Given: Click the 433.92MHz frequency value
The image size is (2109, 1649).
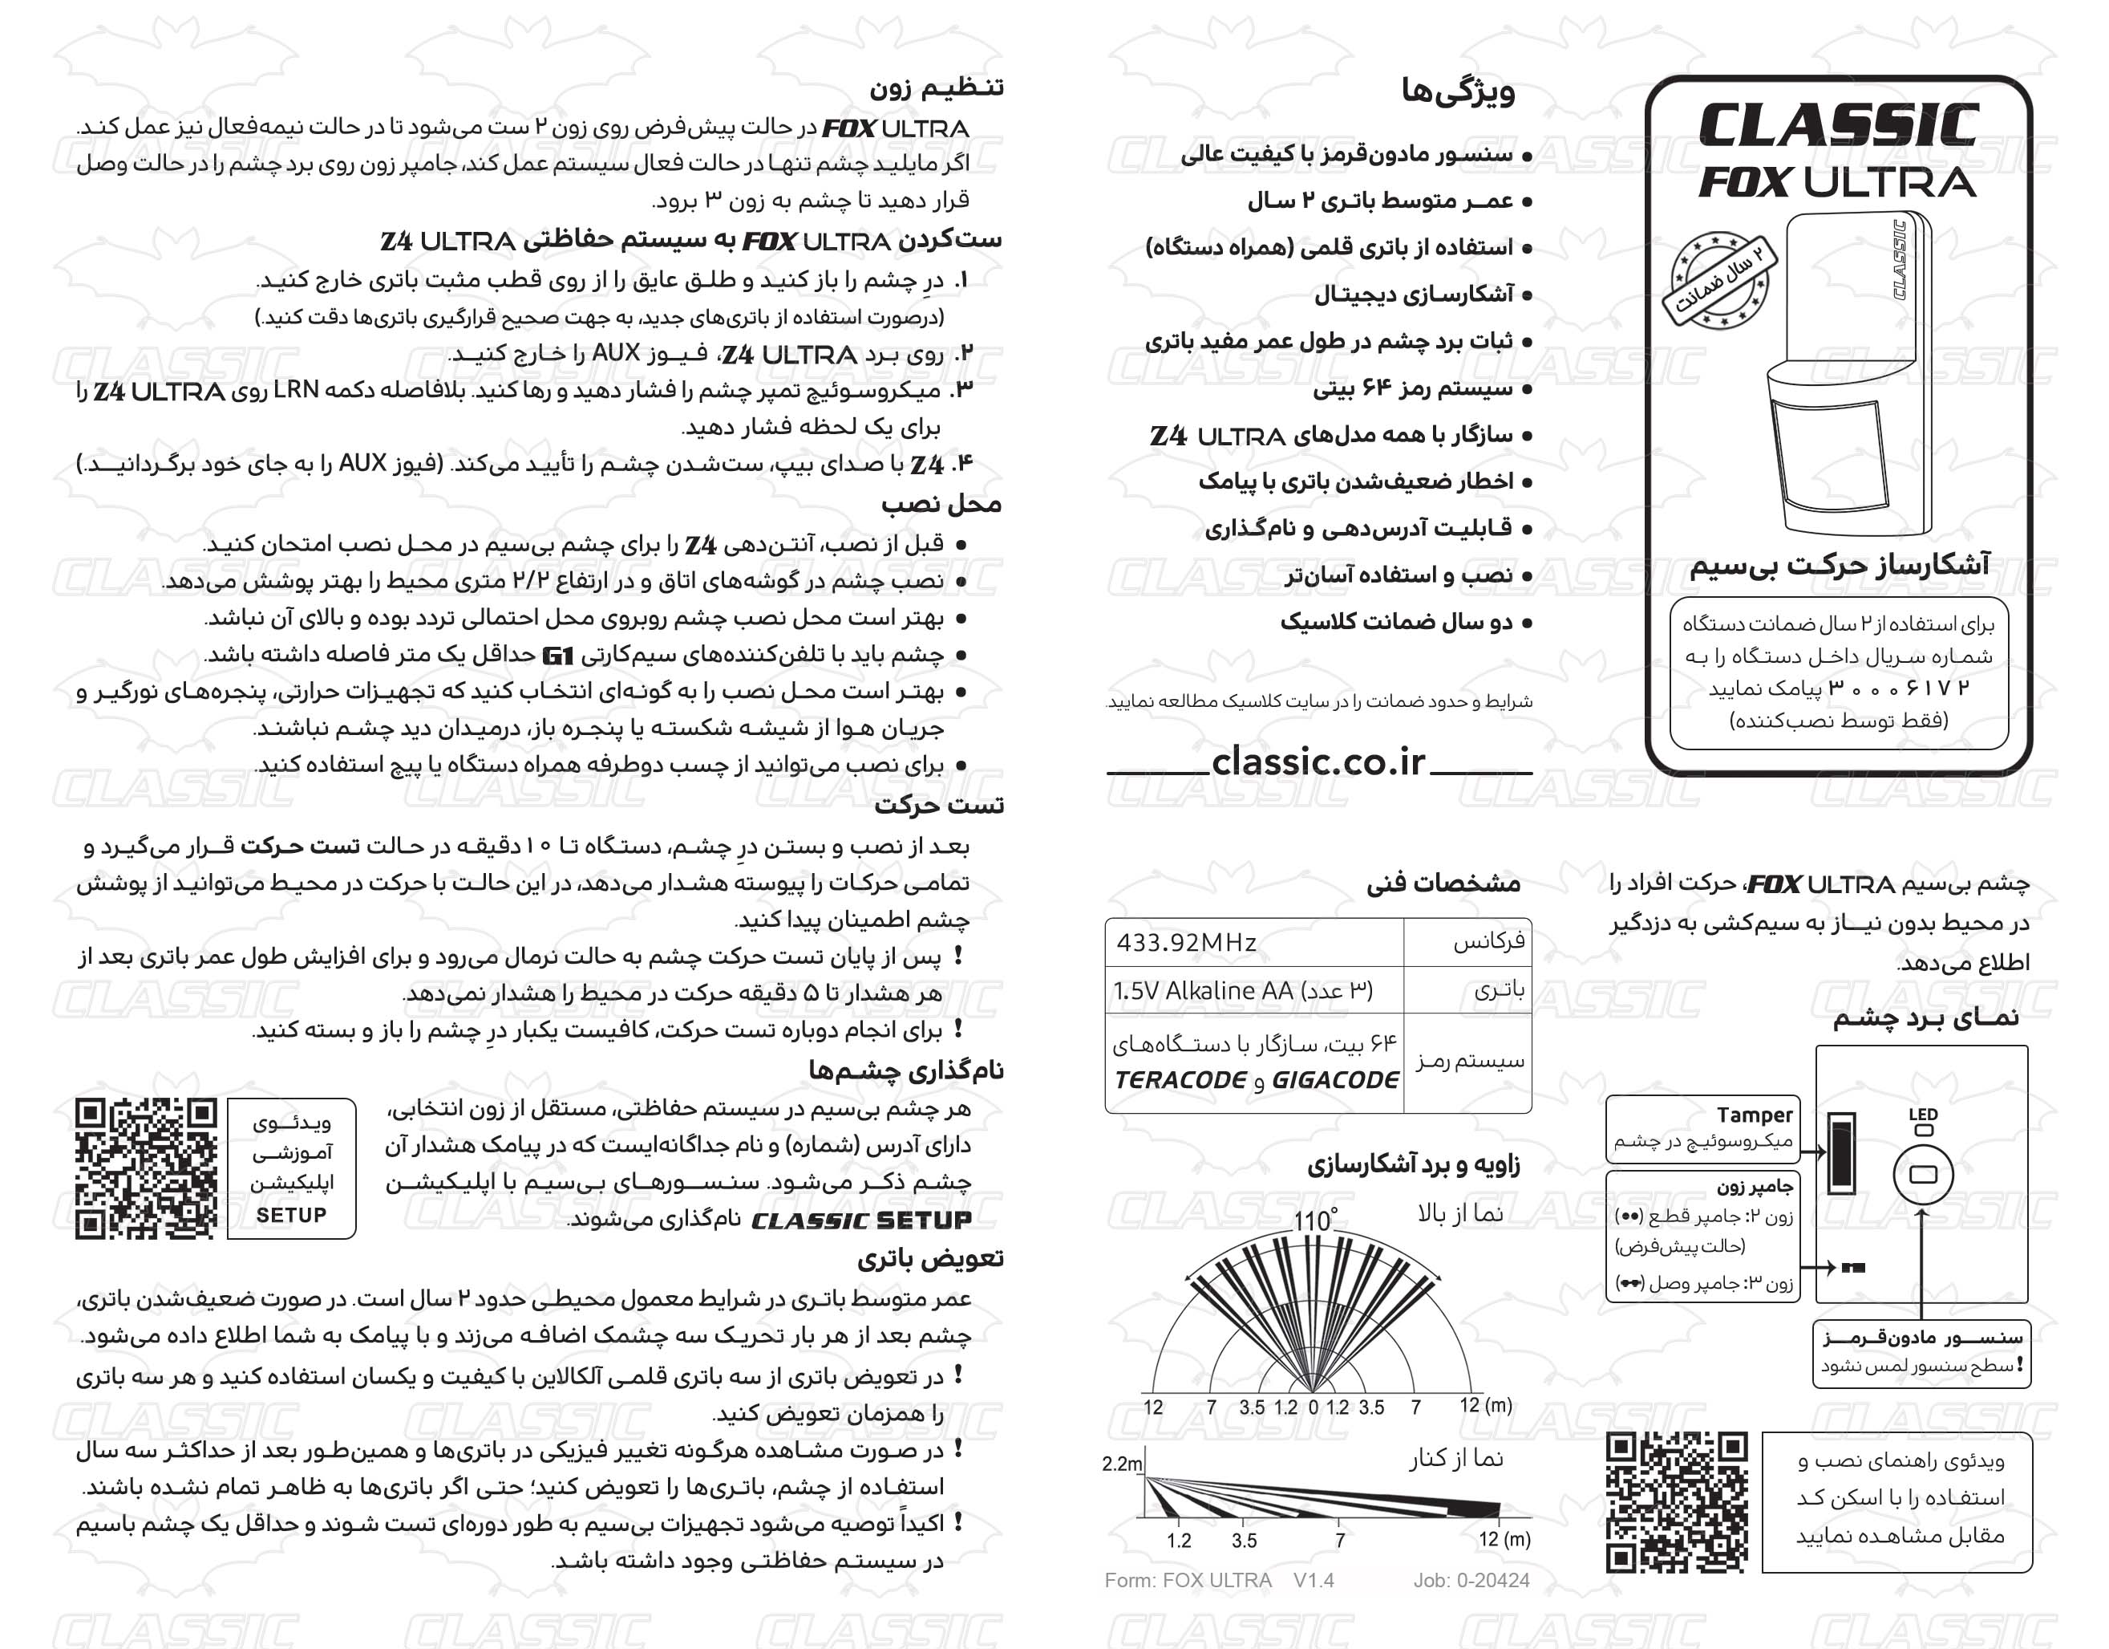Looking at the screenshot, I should click(1186, 943).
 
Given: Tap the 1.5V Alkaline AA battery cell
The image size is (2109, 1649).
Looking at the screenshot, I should click(1242, 991).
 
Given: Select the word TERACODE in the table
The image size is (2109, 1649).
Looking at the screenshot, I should click(1179, 1080).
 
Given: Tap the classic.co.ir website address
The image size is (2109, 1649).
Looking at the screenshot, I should click(1318, 762).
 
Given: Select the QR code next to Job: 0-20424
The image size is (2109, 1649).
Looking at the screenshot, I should click(1677, 1502).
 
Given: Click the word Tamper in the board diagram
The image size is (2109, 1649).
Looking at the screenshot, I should click(1754, 1115).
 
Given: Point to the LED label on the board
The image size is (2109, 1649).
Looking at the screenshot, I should click(1924, 1115).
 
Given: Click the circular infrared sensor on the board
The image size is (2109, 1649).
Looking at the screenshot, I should click(1924, 1175).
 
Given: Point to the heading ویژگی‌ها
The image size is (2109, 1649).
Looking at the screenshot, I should click(1458, 91).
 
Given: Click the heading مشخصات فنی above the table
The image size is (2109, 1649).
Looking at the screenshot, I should click(1443, 883).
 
